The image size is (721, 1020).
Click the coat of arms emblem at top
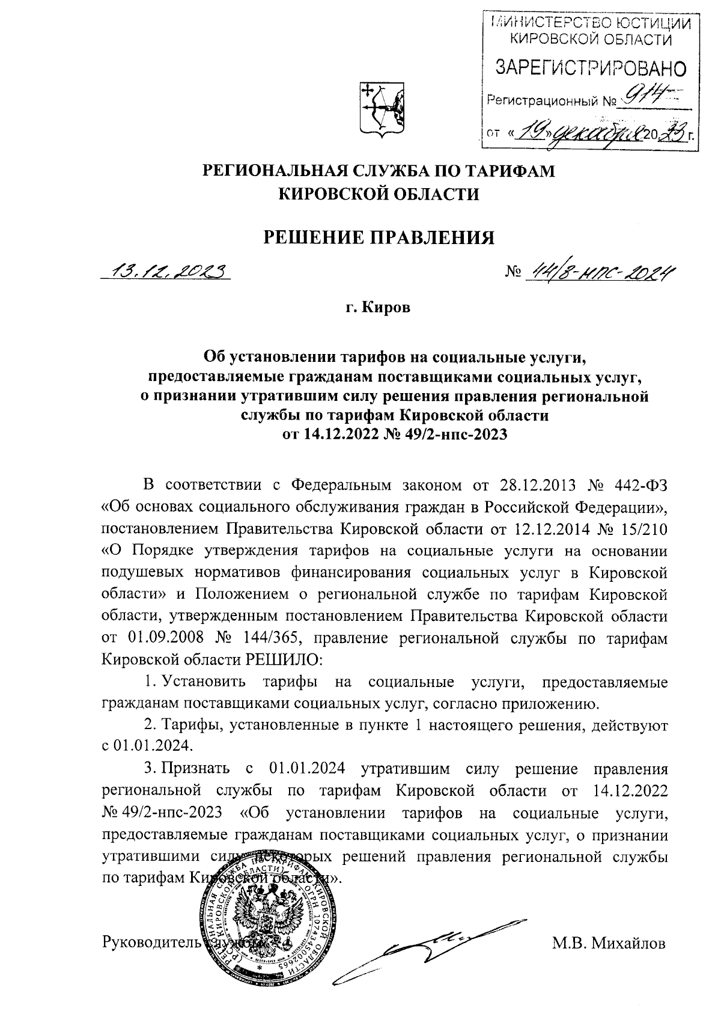(x=382, y=108)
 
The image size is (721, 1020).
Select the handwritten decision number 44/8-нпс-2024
(x=598, y=273)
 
